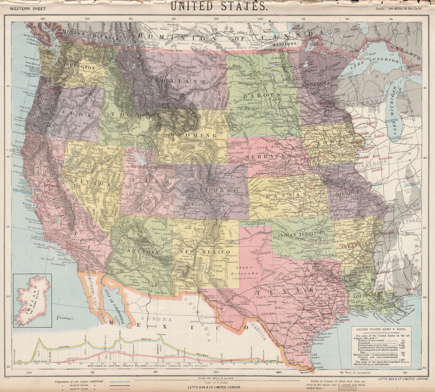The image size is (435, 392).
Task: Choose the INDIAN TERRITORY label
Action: point(302,233)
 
